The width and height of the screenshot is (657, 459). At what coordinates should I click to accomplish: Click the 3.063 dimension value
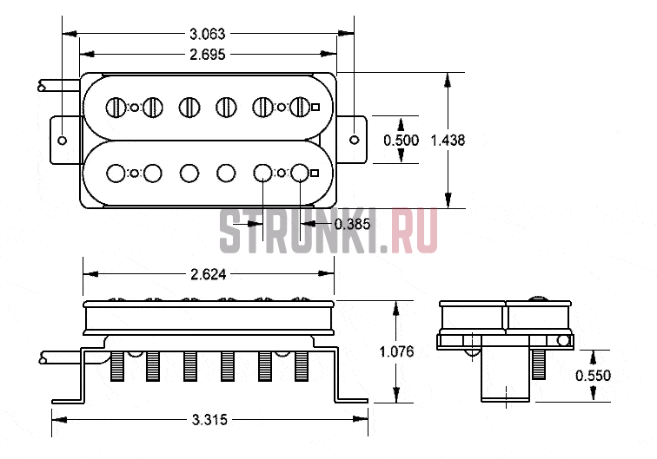[x=208, y=34]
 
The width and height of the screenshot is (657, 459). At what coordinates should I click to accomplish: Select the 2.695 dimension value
[x=208, y=55]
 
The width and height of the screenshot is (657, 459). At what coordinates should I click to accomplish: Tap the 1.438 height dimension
[x=448, y=141]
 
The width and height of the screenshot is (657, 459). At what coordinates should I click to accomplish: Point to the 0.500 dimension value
[x=401, y=141]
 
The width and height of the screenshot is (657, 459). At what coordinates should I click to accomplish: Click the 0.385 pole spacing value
[x=352, y=224]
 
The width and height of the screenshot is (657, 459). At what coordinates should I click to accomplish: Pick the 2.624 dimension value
[x=209, y=274]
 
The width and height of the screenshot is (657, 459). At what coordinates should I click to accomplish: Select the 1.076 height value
[x=396, y=351]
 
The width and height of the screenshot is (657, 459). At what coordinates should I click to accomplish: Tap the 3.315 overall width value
[x=209, y=420]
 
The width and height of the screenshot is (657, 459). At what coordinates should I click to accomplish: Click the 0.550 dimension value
[x=593, y=376]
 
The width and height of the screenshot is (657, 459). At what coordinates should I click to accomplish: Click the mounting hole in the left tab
[x=62, y=141]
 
